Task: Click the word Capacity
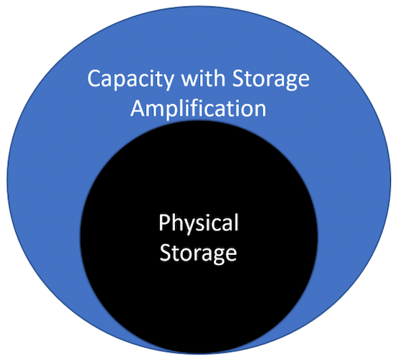click(130, 80)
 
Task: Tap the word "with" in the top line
click(204, 78)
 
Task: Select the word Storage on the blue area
click(271, 80)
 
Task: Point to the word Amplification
click(198, 109)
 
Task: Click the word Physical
click(199, 222)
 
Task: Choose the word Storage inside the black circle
click(198, 253)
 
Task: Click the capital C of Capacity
click(94, 78)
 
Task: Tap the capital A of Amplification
click(138, 109)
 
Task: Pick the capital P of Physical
click(163, 222)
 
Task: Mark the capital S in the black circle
click(165, 253)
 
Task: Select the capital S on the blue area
click(238, 78)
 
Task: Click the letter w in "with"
click(190, 81)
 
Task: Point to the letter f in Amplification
click(197, 108)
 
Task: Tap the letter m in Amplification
click(158, 111)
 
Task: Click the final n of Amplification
click(261, 111)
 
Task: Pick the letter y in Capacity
click(168, 83)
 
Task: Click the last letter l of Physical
click(237, 222)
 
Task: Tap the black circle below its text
click(199, 303)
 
